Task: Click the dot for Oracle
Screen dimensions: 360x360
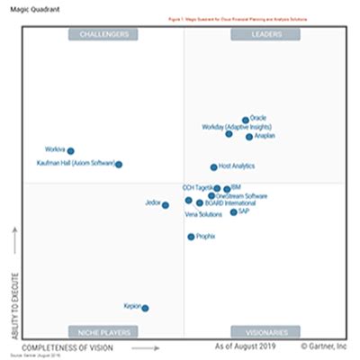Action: click(x=245, y=119)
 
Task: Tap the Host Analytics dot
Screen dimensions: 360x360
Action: click(x=214, y=166)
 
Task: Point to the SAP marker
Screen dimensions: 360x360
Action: click(x=233, y=212)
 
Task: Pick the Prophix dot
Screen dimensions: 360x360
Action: click(x=191, y=237)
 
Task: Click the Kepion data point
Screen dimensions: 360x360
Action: click(x=145, y=308)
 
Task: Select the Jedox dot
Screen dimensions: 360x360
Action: click(x=166, y=205)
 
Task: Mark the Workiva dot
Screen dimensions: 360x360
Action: click(x=71, y=151)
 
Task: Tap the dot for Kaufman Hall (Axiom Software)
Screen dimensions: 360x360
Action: click(x=119, y=164)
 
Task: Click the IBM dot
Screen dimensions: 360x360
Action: click(x=227, y=188)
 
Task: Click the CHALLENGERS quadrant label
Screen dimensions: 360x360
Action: click(x=103, y=34)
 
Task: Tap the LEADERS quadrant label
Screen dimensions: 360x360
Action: click(x=265, y=34)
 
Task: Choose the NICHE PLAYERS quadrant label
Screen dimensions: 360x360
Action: click(x=103, y=331)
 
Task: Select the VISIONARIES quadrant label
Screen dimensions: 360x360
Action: click(x=265, y=331)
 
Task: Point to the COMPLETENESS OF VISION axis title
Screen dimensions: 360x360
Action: click(x=67, y=346)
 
